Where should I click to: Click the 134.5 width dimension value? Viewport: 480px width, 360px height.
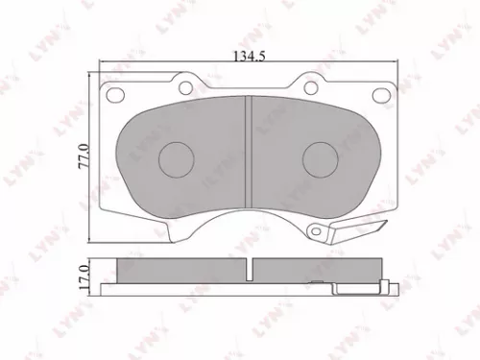point(247,56)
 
